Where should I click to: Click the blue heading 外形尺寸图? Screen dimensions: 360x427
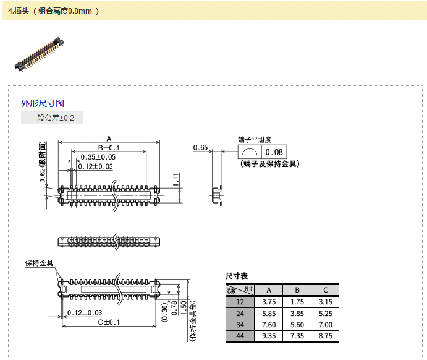point(43,103)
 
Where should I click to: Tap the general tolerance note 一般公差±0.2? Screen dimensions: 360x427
point(52,118)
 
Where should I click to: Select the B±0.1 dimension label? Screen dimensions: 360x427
point(109,148)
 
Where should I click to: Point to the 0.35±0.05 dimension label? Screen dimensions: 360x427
point(98,157)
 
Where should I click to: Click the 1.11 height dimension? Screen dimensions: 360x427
point(176,179)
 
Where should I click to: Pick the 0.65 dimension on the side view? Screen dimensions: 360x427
point(200,147)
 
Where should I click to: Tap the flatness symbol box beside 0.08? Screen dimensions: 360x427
point(250,153)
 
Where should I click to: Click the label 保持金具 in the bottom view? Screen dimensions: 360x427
point(40,264)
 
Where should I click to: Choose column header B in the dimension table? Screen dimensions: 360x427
point(297,290)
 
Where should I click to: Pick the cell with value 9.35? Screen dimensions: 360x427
point(268,336)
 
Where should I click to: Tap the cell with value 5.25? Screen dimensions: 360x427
point(325,314)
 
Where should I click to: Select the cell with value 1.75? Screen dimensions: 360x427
point(297,302)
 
